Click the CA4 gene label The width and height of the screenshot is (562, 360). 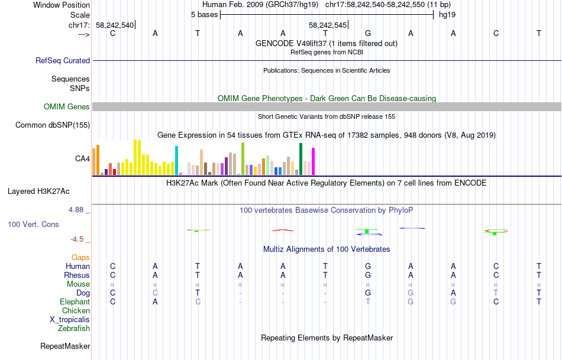point(82,158)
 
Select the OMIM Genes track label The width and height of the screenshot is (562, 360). point(67,107)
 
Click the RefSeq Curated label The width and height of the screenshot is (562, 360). point(63,60)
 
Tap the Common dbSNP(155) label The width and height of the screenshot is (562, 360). point(53,125)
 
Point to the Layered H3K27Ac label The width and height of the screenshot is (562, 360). point(38,191)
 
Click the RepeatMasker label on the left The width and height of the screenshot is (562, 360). point(65,346)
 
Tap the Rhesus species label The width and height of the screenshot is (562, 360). point(77,275)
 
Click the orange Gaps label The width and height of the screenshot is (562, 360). point(80,257)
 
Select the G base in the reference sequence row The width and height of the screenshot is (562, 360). point(368,33)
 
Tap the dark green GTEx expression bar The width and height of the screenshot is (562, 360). point(301,158)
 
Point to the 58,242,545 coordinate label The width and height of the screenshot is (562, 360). point(327,25)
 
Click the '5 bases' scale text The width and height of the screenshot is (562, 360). point(204,14)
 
